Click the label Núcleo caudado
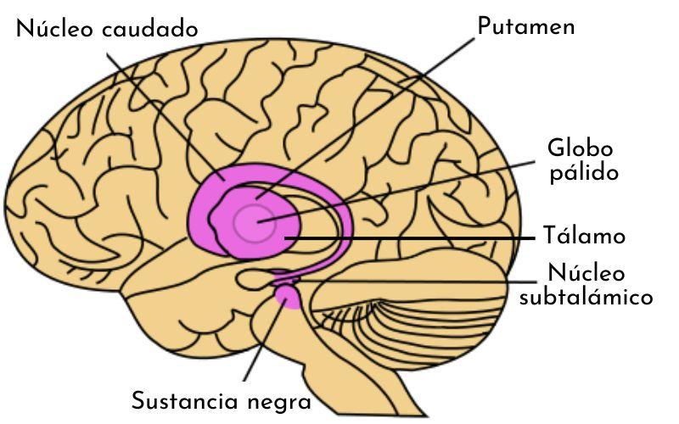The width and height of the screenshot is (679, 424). coord(107,29)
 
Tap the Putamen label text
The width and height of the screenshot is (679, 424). coord(525,26)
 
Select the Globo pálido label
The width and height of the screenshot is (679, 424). coord(581,159)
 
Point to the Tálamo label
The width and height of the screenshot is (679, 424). coord(584,236)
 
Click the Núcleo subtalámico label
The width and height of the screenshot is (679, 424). coord(586,286)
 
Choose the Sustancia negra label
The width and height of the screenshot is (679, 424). coord(222,399)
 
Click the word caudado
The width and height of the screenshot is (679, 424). coord(150,29)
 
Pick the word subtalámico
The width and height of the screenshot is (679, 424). coord(586,298)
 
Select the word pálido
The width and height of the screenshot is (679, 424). coord(581,172)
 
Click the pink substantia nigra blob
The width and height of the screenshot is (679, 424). coord(289,297)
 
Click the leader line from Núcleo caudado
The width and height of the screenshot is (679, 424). coord(161,110)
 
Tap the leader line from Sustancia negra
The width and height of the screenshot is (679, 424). coord(259,348)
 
